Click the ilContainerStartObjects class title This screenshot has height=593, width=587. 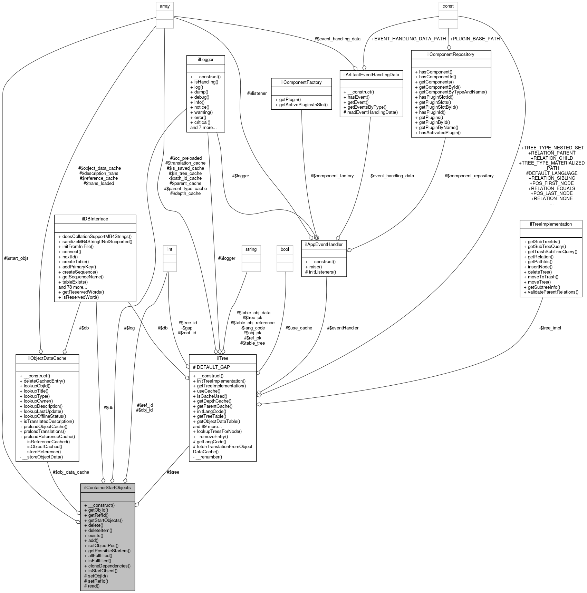pos(107,487)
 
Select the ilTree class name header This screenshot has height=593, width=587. pos(223,358)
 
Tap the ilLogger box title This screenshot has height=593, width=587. pos(205,59)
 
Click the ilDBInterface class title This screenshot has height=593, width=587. pos(95,219)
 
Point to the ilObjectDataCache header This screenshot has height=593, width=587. pos(47,358)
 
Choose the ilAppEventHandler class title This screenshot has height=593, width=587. pos(324,244)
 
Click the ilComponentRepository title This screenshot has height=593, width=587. pos(451,54)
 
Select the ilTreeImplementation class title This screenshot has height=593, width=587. pos(551,224)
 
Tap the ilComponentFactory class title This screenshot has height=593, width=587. pos(301,82)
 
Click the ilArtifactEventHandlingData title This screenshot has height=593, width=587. pos(371,74)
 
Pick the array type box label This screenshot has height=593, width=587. pos(165,6)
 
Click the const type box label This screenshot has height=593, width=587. pos(448,6)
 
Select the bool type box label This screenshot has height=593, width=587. pos(285,249)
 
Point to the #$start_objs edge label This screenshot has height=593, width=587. pos(16,258)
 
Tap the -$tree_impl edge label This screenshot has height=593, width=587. pos(550,328)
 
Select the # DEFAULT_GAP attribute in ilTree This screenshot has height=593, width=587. pos(211,367)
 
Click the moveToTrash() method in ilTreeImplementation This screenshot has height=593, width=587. pos(541,277)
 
